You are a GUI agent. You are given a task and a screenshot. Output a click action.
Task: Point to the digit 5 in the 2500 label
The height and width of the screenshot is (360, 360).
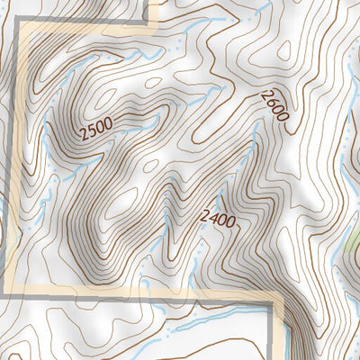pos(90,135)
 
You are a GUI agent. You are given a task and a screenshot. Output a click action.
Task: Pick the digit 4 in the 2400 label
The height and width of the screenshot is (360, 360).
pos(211,216)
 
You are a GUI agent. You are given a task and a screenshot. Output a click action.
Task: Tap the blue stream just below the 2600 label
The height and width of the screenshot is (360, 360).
pos(256,135)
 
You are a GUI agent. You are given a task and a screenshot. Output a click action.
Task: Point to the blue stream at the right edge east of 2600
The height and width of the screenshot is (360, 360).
pos(346,135)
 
